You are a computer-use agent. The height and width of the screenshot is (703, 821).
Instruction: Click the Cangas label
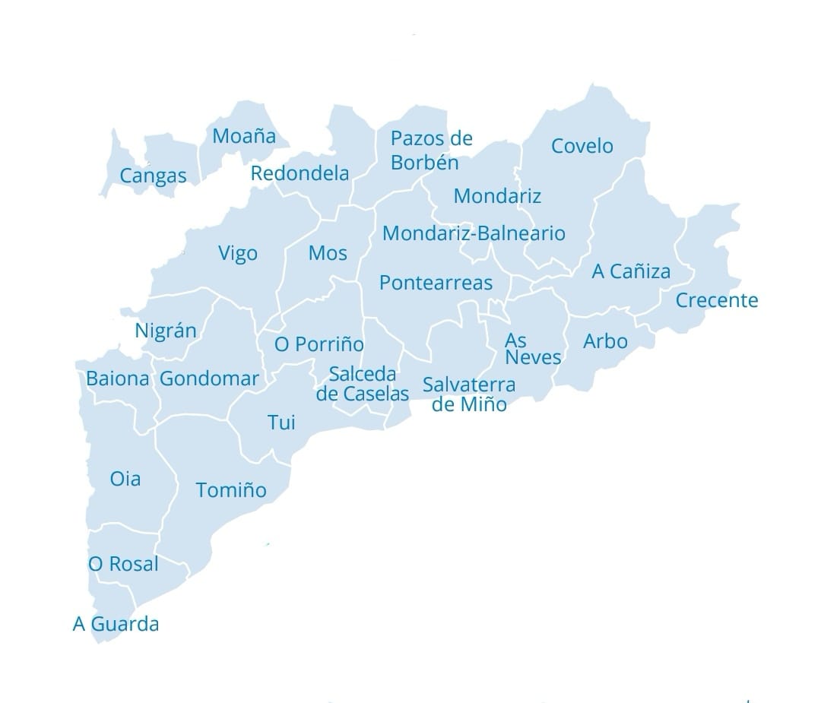coord(153,176)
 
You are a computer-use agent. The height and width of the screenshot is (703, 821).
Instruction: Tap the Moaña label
coord(243,136)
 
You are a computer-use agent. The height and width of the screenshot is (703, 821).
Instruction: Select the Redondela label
coord(300,173)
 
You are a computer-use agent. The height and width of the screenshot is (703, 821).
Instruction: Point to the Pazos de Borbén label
coord(430,150)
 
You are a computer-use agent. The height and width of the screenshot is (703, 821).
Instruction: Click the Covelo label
coord(582,146)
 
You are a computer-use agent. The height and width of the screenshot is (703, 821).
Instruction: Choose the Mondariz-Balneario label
coord(474,233)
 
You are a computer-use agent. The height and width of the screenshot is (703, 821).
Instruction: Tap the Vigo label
coord(238,253)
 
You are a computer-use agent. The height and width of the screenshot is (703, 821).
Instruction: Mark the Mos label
coord(328,253)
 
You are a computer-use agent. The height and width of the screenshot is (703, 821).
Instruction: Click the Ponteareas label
coord(436,283)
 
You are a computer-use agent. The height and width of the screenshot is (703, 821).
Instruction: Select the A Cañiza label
coord(631,271)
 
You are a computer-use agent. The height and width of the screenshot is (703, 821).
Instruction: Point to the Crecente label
coord(717,300)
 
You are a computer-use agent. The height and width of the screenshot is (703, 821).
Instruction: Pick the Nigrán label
coord(166,331)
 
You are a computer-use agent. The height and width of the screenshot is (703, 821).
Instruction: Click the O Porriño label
coord(319,344)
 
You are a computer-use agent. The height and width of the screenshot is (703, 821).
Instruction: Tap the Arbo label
coord(605,340)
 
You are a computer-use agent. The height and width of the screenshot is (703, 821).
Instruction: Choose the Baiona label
coord(118,378)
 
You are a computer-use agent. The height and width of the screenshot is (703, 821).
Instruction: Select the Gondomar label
coord(209,378)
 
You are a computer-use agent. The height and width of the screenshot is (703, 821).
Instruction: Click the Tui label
coord(281,423)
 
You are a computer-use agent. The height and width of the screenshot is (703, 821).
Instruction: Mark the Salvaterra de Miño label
coord(468,394)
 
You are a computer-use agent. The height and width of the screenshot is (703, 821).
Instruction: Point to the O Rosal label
coord(123,564)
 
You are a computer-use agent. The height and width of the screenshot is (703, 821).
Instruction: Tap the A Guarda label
coord(116,625)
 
